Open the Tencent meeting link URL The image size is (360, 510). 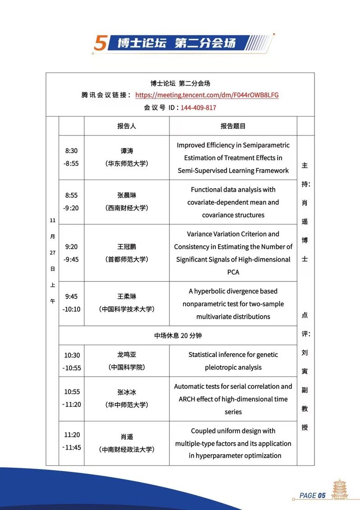pyautogui.click(x=207, y=95)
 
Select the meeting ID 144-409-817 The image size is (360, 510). pyautogui.click(x=198, y=108)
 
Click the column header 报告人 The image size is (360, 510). pyautogui.click(x=127, y=126)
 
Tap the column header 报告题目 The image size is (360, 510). pyautogui.click(x=233, y=126)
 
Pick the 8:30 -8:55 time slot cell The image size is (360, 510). pyautogui.click(x=71, y=158)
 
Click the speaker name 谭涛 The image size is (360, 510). pyautogui.click(x=127, y=151)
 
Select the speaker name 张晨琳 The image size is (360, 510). pyautogui.click(x=127, y=195)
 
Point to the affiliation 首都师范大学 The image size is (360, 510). pyautogui.click(x=127, y=260)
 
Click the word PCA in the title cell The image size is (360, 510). pyautogui.click(x=233, y=272)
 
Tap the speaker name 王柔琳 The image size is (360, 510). pyautogui.click(x=127, y=297)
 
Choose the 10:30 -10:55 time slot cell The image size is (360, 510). pyautogui.click(x=72, y=361)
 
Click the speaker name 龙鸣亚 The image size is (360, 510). pyautogui.click(x=127, y=355)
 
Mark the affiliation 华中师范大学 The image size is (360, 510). pyautogui.click(x=127, y=405)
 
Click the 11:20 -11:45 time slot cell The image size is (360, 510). pyautogui.click(x=72, y=441)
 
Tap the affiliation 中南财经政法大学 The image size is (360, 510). pyautogui.click(x=127, y=450)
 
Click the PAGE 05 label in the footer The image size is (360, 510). pyautogui.click(x=312, y=496)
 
